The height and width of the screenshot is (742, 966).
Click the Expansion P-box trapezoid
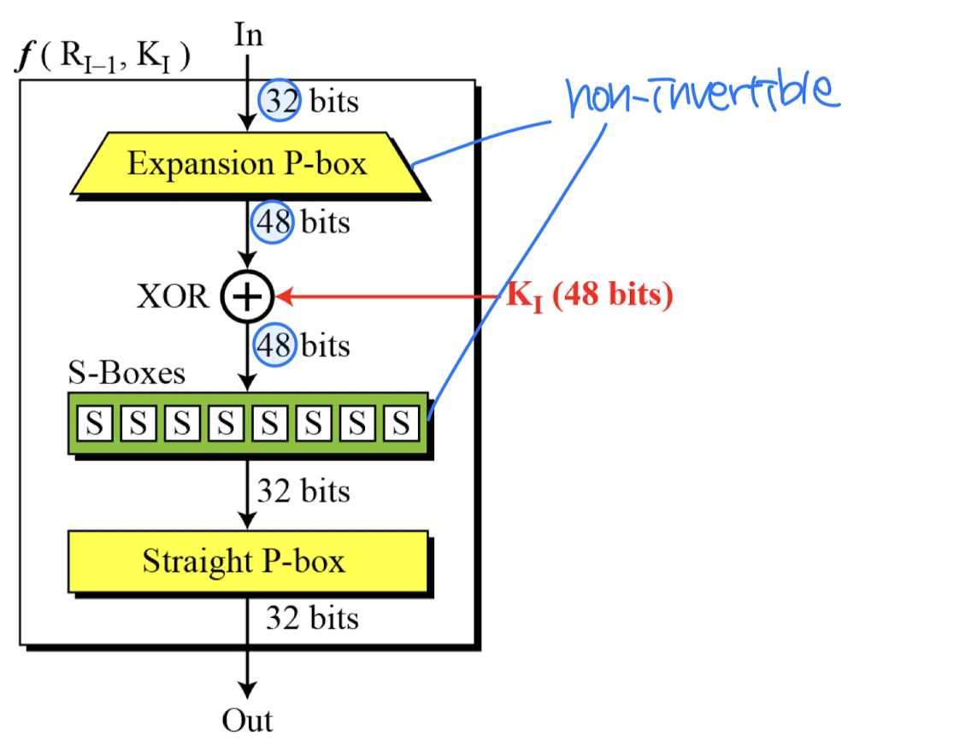[247, 162]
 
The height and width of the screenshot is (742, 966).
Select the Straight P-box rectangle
[247, 561]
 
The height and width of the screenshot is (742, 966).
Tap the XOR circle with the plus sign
[246, 297]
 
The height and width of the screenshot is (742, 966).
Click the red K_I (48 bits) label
[590, 297]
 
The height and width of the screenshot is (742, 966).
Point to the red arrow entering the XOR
[385, 297]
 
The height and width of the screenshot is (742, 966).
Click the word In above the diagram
[248, 35]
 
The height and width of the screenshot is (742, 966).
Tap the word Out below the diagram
[247, 720]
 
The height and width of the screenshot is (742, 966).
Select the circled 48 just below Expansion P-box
[273, 223]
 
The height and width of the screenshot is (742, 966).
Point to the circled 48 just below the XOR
[274, 346]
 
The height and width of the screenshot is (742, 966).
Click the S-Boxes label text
[126, 374]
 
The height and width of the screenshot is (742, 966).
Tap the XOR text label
[172, 297]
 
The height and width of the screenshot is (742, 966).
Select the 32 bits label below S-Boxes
[303, 492]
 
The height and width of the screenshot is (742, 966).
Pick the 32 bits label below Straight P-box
[311, 617]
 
